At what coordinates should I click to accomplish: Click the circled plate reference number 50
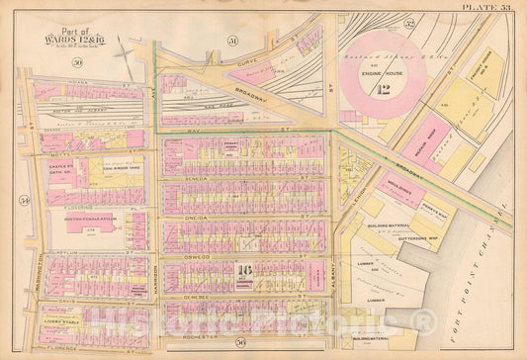point(76,63)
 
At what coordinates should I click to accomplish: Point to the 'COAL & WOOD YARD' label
point(118,165)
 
